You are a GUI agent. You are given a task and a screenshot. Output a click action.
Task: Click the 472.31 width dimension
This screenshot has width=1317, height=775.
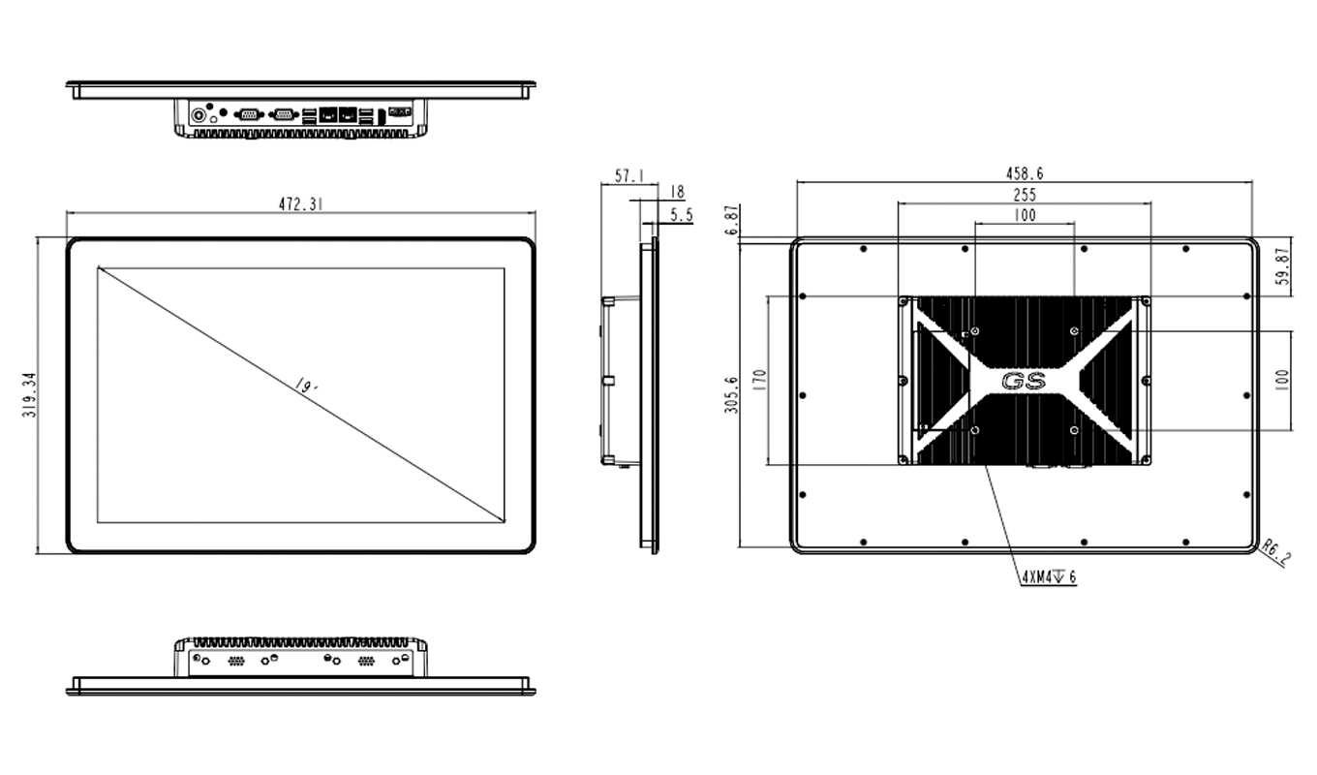tap(301, 203)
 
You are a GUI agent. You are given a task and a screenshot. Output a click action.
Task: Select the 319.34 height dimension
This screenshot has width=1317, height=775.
tap(30, 395)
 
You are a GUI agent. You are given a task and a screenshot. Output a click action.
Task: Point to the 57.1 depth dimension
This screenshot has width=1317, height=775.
tap(628, 176)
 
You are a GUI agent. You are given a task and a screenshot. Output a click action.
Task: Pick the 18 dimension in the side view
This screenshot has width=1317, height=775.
tap(677, 192)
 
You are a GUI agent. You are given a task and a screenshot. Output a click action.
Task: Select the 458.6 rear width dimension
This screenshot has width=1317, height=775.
tap(1025, 173)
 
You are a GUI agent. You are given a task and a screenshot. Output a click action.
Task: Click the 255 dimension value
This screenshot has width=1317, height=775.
tap(1025, 195)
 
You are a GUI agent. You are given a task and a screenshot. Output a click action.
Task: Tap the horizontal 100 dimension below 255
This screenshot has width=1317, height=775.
tap(1025, 215)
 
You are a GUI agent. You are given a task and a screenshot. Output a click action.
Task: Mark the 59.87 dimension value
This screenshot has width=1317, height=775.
tap(1282, 266)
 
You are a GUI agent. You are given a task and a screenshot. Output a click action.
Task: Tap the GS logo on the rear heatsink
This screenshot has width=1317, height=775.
tap(1025, 382)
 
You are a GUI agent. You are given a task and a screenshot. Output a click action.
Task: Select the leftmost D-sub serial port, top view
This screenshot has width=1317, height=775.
tap(249, 114)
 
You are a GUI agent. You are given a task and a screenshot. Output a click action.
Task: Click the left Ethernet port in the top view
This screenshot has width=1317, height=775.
tap(328, 114)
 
